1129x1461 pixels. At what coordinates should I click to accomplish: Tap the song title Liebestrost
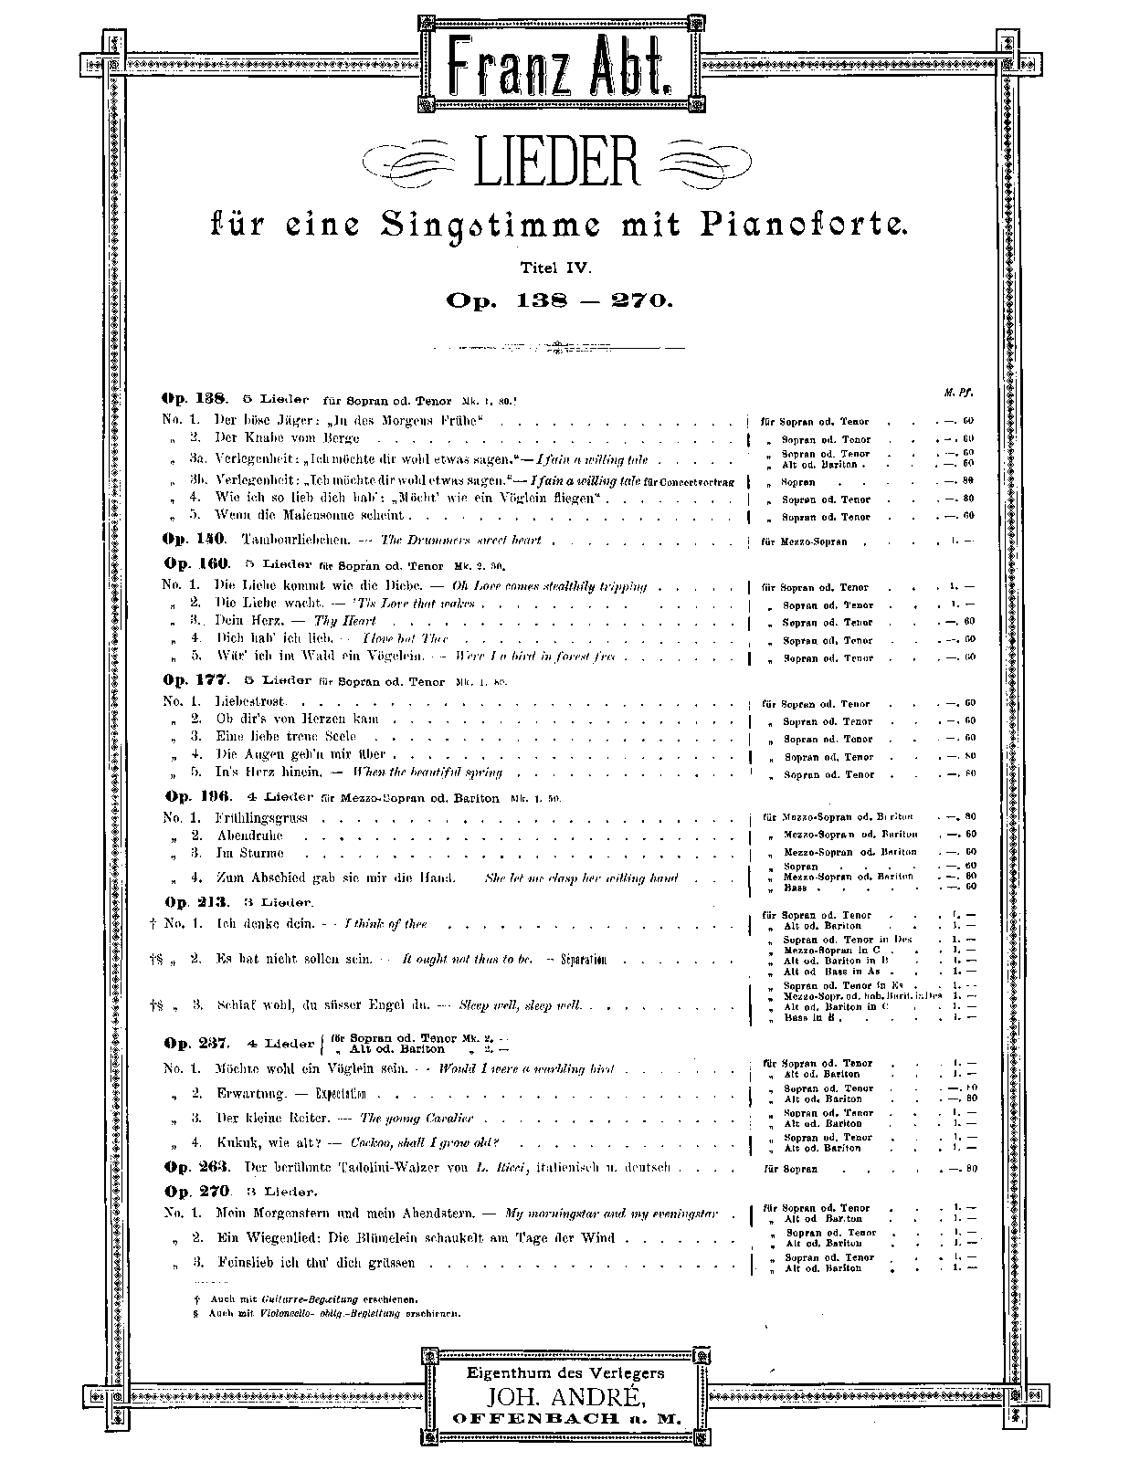pos(250,701)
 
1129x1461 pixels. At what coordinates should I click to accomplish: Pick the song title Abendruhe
pos(249,835)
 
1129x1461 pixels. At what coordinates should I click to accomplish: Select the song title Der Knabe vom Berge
pos(287,438)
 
